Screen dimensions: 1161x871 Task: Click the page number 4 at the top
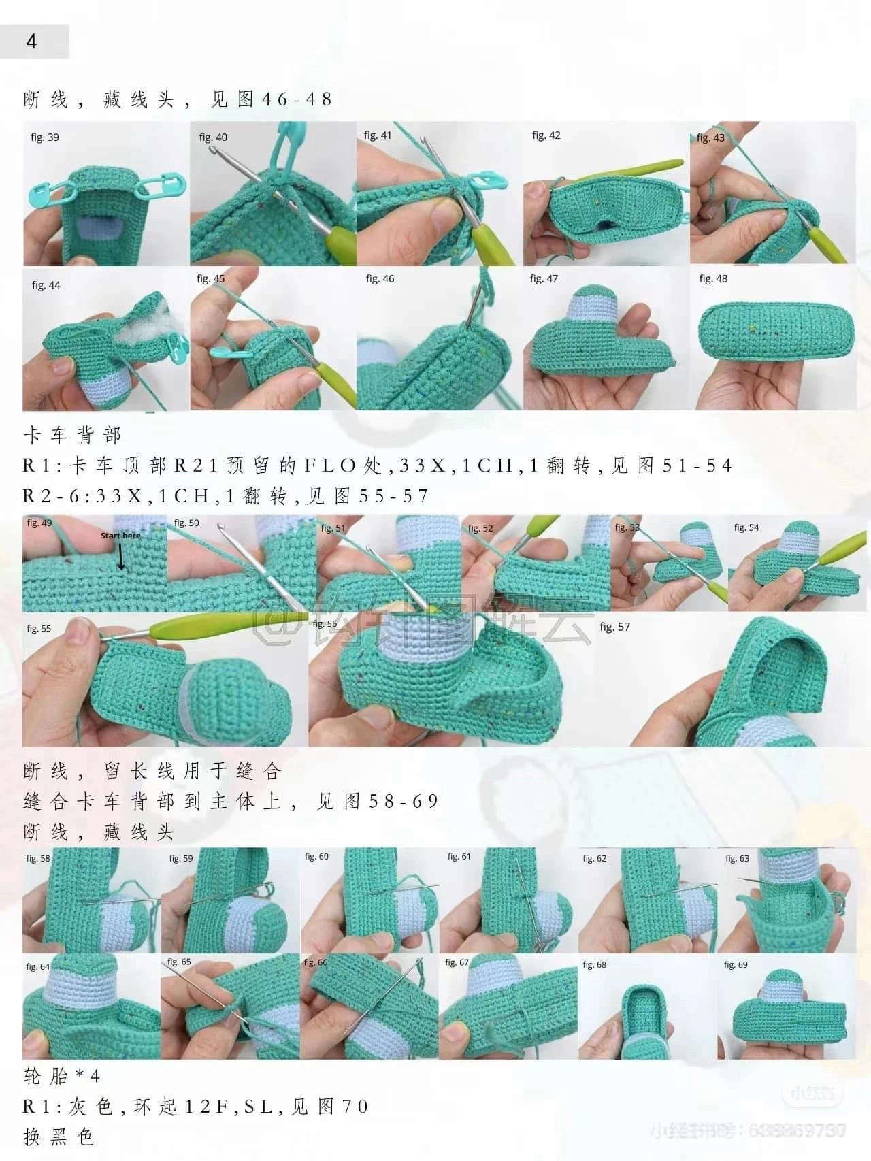[31, 42]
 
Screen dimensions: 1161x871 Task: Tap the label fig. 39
[45, 137]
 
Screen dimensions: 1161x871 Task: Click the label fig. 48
[713, 278]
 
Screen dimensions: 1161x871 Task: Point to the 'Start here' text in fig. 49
[120, 536]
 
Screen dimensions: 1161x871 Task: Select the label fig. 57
[614, 627]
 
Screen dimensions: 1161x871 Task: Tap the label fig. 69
[736, 964]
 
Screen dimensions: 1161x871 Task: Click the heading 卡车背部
[72, 436]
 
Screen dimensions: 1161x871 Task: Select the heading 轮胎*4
[61, 1076]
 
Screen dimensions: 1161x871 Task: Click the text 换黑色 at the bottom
[59, 1137]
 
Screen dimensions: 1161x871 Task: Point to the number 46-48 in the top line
[297, 99]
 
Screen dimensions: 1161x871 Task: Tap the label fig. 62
[594, 858]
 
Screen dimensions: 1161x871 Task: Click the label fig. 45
[210, 278]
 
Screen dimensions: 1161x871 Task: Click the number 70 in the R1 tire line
[355, 1107]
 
